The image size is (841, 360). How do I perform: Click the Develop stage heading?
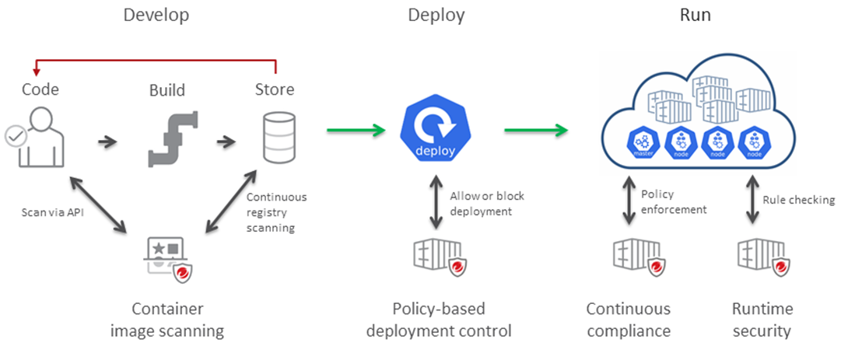coord(156,15)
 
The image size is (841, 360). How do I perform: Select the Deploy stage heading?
coord(436,15)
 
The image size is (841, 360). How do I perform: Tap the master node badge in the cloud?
coord(643,142)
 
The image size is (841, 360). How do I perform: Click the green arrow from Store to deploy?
coord(356,131)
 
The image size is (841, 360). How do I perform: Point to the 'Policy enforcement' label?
coord(674,201)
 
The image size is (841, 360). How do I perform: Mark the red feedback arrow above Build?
coord(156,58)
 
